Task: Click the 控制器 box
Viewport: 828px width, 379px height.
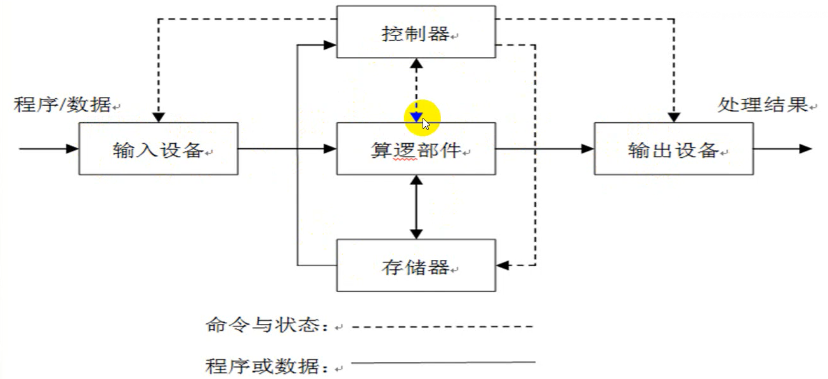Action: (416, 32)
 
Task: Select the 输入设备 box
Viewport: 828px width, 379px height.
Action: (158, 149)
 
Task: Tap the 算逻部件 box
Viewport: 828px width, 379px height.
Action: (416, 149)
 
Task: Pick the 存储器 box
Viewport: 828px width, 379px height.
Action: (416, 266)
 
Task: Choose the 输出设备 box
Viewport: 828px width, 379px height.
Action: (673, 149)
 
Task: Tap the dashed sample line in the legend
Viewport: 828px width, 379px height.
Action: (442, 327)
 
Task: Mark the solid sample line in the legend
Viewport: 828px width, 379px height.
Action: (442, 363)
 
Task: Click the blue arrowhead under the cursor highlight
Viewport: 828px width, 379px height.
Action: (416, 117)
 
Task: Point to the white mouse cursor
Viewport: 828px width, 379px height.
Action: (426, 124)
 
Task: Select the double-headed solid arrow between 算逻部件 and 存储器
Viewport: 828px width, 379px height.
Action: (416, 207)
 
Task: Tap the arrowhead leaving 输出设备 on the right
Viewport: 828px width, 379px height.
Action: (806, 149)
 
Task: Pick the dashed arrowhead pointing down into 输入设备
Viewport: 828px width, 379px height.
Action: (159, 117)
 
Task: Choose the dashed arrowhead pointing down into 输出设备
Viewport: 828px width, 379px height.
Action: (674, 117)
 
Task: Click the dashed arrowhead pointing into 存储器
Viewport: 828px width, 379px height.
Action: (502, 265)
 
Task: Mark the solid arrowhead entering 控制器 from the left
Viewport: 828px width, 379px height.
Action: (330, 45)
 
